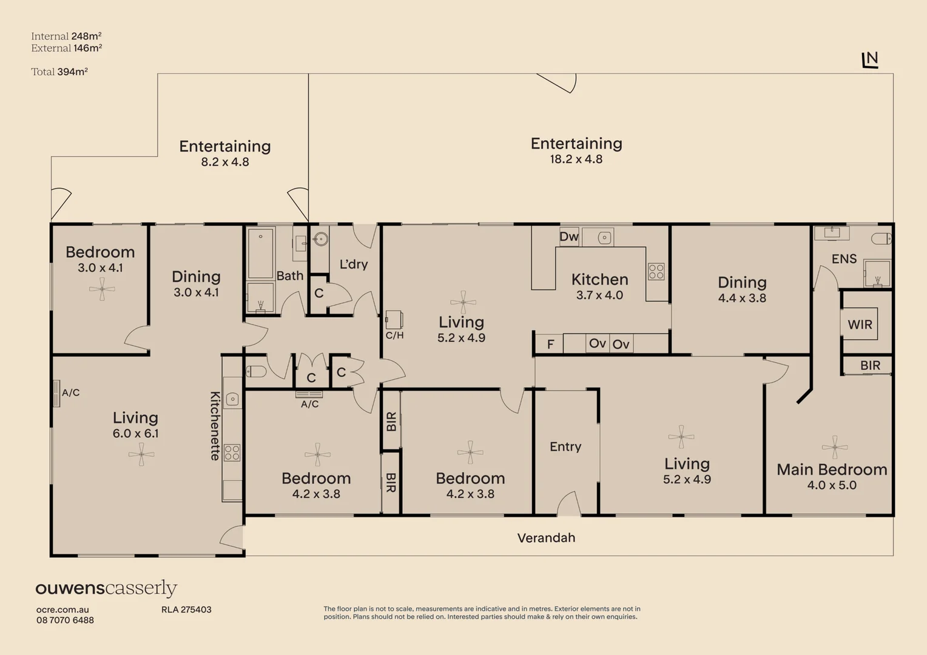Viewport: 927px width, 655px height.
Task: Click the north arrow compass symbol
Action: coord(871,60)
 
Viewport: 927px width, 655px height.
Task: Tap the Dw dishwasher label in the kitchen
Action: coord(569,237)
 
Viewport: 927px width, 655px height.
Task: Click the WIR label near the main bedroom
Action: coord(860,324)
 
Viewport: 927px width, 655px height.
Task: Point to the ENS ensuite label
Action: coord(844,259)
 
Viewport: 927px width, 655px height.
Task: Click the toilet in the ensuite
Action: coord(881,239)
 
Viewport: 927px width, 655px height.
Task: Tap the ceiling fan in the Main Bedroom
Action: coord(835,448)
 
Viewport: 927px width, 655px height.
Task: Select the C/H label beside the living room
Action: coord(394,335)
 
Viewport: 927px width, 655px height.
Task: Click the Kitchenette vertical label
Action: coord(215,426)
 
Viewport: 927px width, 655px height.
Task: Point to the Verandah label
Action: coord(546,538)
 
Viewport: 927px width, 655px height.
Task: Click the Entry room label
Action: coord(565,447)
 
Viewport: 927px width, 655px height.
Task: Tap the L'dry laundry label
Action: coord(354,264)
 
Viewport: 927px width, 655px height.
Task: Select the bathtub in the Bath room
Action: coord(260,253)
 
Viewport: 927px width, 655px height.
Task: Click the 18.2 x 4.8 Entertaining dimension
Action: coord(576,160)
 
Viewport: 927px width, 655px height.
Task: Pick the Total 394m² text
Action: coord(59,72)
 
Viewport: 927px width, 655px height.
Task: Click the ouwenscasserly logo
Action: coord(106,588)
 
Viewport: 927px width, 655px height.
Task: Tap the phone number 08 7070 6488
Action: coord(65,620)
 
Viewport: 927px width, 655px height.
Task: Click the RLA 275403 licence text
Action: coord(186,610)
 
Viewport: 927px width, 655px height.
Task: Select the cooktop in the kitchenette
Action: coord(232,452)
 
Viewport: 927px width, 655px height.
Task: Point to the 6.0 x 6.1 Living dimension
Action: coord(135,434)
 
